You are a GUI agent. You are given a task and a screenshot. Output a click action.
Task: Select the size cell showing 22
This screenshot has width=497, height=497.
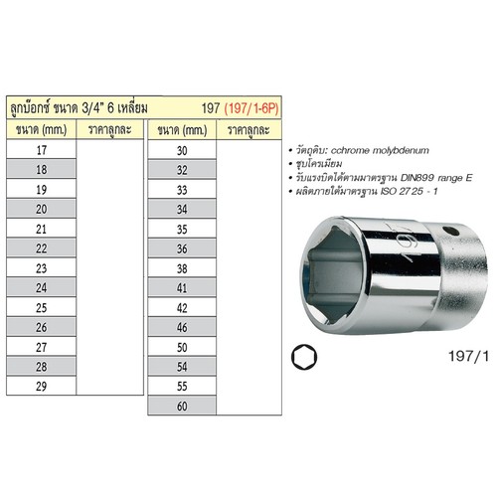coord(41,246)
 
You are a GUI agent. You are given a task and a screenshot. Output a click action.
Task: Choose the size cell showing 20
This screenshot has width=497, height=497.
coord(41,208)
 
